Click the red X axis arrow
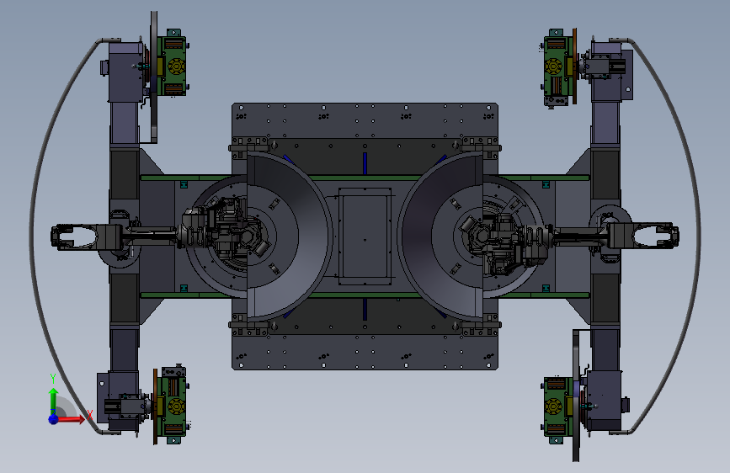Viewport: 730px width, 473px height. pyautogui.click(x=71, y=419)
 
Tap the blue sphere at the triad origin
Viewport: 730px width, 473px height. pyautogui.click(x=54, y=419)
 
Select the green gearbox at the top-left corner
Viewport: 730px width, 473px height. pyautogui.click(x=171, y=65)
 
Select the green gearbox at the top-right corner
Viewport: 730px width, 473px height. pyautogui.click(x=557, y=66)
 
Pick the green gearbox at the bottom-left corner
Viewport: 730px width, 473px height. pyautogui.click(x=171, y=405)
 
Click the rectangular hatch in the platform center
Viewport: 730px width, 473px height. pyautogui.click(x=365, y=236)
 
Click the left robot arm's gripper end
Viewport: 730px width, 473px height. pyautogui.click(x=73, y=236)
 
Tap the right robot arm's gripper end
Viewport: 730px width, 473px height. pyautogui.click(x=656, y=236)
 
